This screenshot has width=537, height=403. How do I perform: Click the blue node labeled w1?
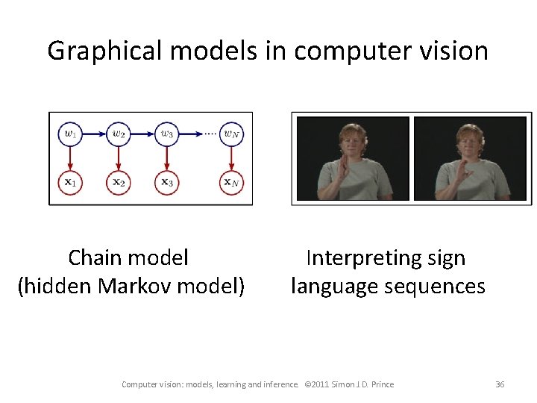[69, 134]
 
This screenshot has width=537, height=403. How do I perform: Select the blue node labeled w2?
[118, 134]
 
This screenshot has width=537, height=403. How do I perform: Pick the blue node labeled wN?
[231, 134]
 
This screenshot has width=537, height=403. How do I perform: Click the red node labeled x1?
[69, 181]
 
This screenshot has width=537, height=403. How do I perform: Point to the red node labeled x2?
[118, 181]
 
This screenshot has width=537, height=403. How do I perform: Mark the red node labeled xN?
[231, 181]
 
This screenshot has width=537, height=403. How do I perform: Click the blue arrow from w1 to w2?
[93, 134]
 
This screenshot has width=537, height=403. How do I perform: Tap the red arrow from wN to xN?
[231, 157]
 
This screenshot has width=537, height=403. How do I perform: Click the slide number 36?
[500, 384]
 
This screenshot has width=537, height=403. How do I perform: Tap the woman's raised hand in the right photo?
[457, 173]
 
